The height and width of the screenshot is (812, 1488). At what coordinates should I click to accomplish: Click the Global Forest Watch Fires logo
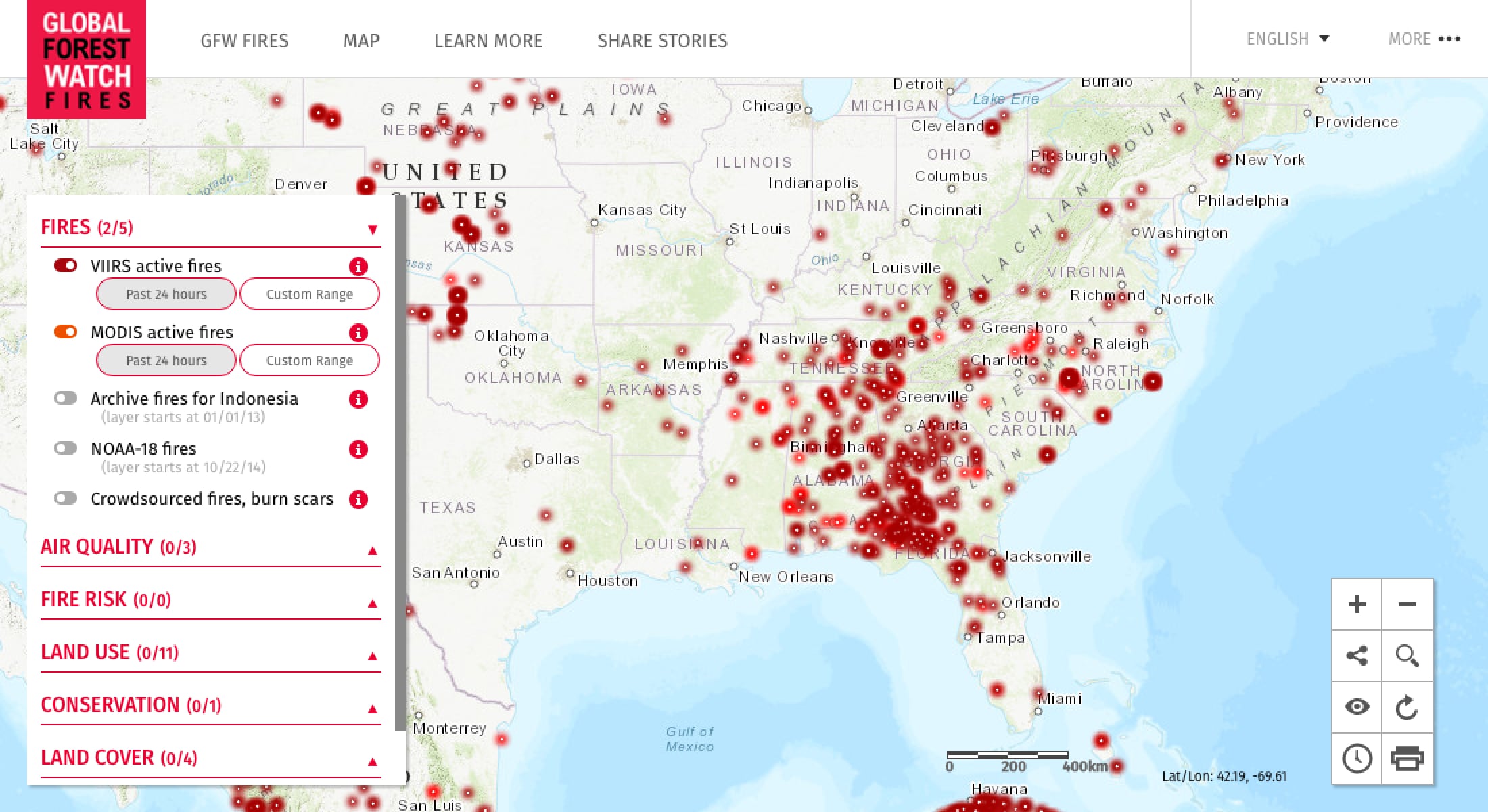87,60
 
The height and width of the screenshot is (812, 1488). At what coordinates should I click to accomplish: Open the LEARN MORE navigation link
488,41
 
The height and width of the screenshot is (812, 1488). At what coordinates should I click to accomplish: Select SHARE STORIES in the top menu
662,41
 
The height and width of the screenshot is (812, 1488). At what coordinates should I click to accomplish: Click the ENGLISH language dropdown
1288,39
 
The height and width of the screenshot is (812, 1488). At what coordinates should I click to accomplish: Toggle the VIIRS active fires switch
66,265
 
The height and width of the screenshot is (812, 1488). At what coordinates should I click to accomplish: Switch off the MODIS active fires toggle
66,332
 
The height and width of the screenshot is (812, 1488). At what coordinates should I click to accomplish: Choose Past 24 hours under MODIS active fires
166,360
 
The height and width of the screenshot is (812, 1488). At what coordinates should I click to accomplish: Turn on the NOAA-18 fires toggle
66,448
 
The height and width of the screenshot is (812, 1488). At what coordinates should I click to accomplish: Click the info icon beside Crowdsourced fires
358,499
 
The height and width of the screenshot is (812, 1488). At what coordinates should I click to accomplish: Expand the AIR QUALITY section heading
118,547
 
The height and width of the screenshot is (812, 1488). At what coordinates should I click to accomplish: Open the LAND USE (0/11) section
110,652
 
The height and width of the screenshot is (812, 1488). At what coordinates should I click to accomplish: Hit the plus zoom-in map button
1357,604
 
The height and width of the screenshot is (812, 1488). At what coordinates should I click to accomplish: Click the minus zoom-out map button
1408,604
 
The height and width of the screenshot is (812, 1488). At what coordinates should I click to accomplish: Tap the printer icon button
1408,758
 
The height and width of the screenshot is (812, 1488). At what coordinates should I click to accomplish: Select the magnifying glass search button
1408,656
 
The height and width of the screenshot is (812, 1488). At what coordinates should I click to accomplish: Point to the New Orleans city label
786,577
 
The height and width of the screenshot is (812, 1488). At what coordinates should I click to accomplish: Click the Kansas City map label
642,210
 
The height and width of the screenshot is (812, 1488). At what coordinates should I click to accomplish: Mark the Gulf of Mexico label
690,739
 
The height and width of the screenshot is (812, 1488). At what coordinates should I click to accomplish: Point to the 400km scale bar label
1085,767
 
